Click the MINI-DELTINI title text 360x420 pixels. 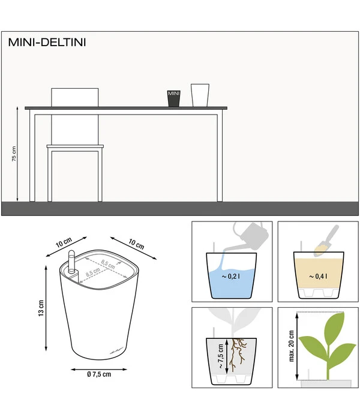point(47,43)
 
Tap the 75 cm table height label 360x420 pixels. point(14,154)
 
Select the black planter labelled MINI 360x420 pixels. point(173,98)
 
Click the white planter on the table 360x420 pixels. point(200,95)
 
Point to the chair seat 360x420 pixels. point(75,146)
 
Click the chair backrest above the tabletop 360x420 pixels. point(75,97)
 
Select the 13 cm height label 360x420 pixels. point(41,308)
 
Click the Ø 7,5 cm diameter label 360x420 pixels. point(99,374)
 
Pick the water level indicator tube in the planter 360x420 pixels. point(72,263)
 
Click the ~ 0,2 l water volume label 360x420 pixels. point(231,276)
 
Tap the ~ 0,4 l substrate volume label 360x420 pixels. point(318,276)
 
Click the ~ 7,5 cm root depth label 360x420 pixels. point(221,356)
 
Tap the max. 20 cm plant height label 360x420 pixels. point(292,346)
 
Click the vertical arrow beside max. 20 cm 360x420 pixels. point(298,346)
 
